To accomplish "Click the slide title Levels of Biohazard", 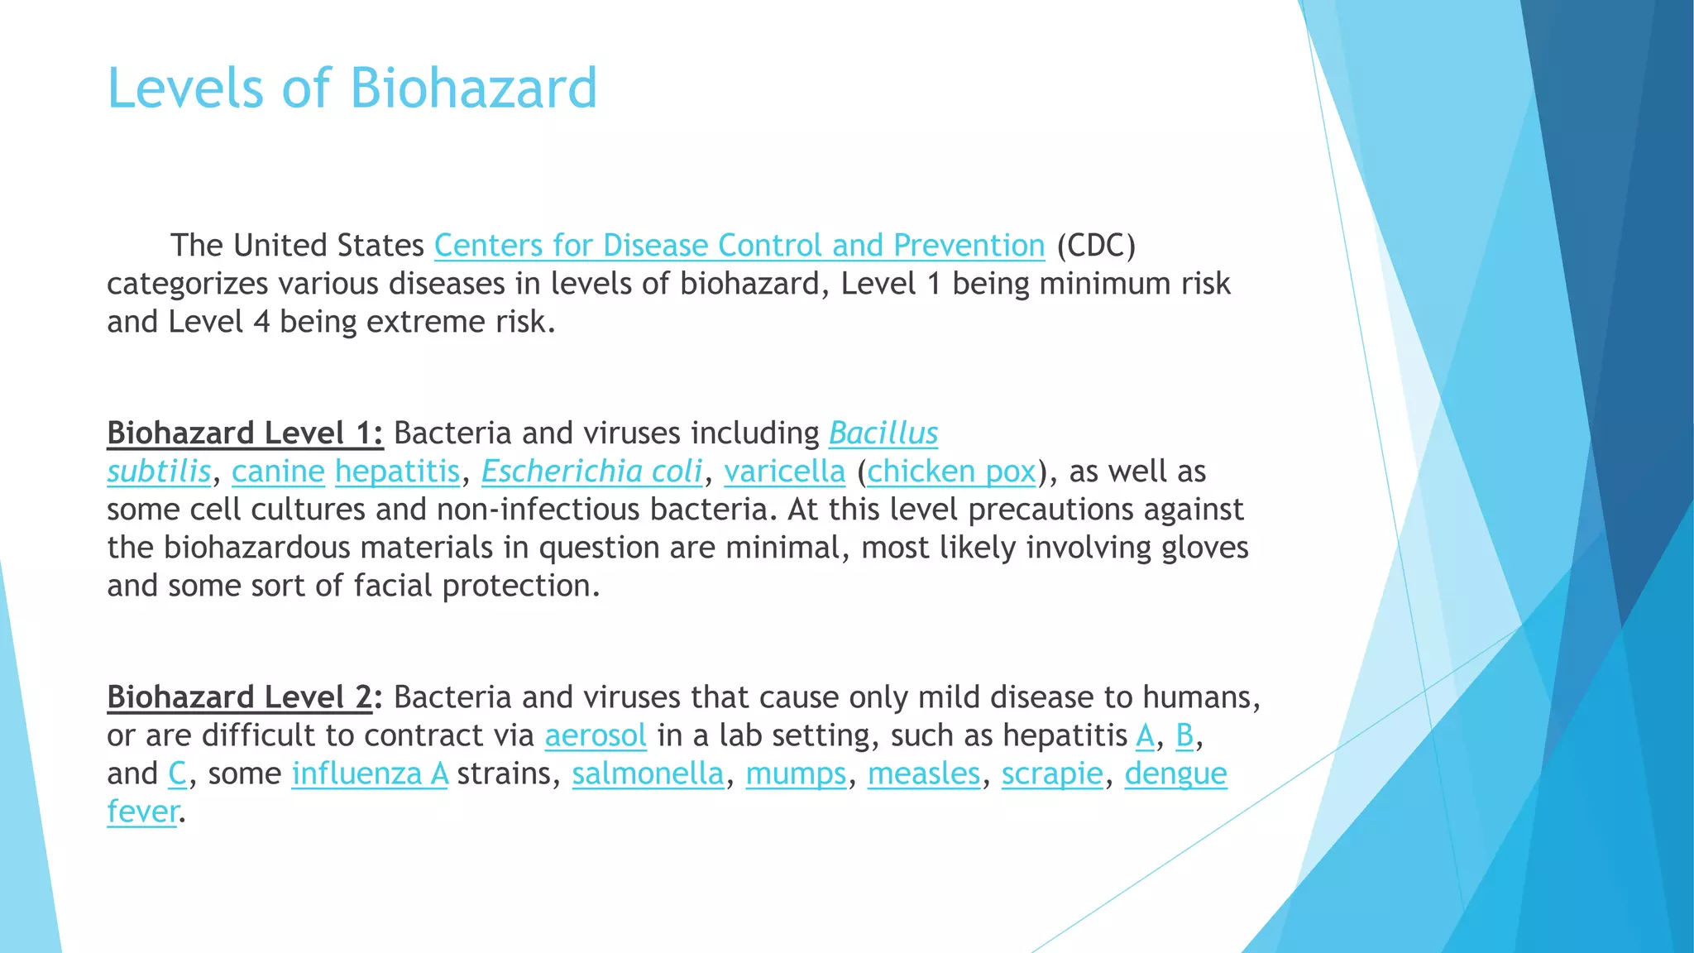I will click(352, 88).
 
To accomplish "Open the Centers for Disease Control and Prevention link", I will click(739, 246).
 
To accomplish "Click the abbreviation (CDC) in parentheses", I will click(1096, 246).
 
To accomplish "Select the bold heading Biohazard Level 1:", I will click(245, 433).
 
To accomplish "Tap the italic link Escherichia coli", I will click(591, 472).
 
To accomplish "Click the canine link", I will click(278, 472).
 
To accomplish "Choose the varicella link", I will click(784, 472).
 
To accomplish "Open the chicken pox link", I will click(951, 472).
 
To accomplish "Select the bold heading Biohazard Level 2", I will click(240, 697).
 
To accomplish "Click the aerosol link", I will click(596, 735).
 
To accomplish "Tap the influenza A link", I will click(370, 773).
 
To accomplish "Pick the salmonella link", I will click(648, 773).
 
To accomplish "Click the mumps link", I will click(796, 773).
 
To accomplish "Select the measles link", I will click(924, 773).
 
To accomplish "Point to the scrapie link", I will click(1052, 773).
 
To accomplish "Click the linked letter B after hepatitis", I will click(1184, 735).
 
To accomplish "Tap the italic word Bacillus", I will click(883, 433).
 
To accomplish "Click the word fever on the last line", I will click(142, 812).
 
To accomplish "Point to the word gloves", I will click(1205, 548).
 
